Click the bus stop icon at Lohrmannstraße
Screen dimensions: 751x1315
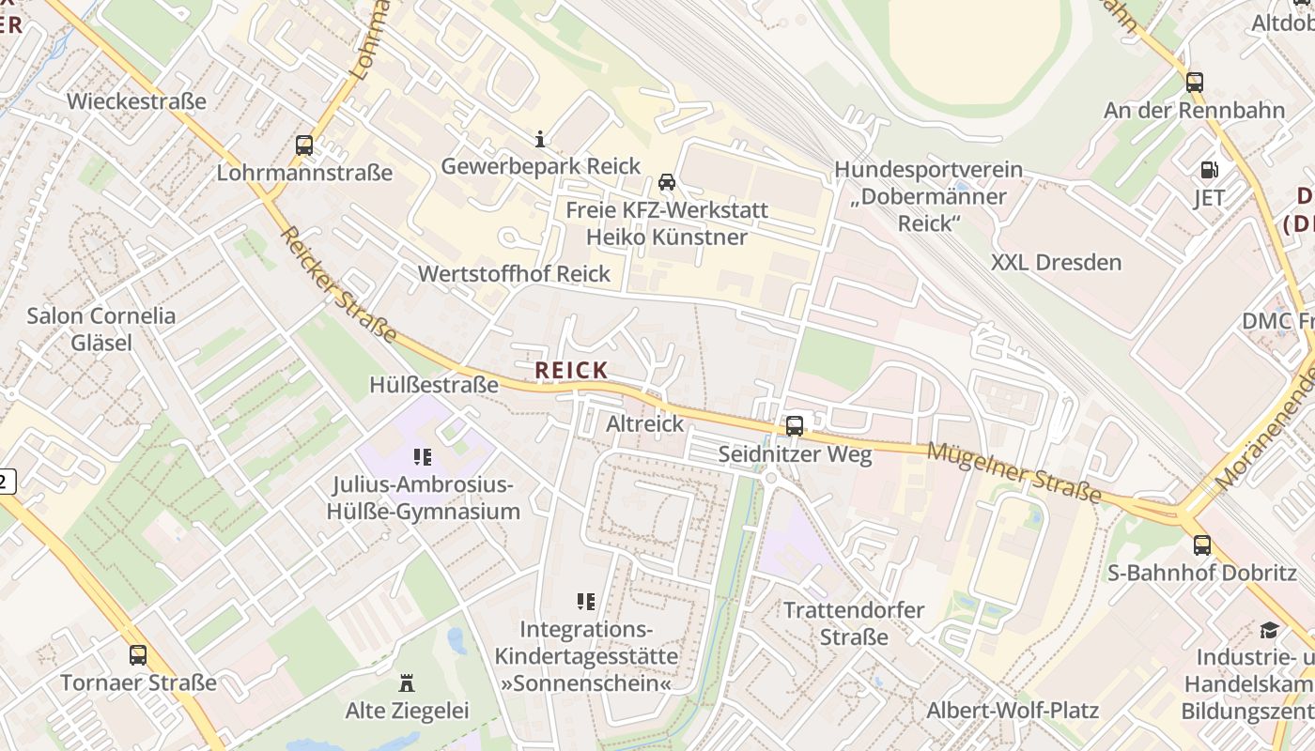(x=304, y=146)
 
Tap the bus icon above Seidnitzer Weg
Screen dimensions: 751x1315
(x=795, y=425)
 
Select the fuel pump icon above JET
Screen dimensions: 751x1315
(x=1209, y=170)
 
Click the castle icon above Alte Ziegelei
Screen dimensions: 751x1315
(x=407, y=682)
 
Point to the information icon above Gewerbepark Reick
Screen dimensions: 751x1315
(x=540, y=140)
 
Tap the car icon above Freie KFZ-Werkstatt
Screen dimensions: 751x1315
(x=667, y=181)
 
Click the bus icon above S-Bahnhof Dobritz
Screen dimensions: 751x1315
(x=1202, y=544)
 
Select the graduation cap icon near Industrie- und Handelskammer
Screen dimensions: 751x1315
(x=1270, y=630)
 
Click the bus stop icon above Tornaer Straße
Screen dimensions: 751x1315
(x=138, y=654)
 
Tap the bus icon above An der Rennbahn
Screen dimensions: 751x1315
(x=1195, y=82)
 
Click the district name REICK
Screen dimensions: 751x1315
(x=571, y=371)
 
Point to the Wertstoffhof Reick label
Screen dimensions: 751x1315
(x=514, y=274)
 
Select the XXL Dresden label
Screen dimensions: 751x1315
(x=1056, y=262)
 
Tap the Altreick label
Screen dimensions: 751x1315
(x=645, y=423)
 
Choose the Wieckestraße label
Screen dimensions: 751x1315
(x=136, y=101)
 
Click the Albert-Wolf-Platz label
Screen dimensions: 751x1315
(x=1013, y=710)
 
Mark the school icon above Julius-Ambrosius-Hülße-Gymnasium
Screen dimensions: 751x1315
(x=423, y=457)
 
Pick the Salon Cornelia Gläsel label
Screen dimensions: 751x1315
(x=101, y=329)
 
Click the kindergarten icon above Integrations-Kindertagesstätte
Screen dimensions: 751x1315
(x=586, y=601)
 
